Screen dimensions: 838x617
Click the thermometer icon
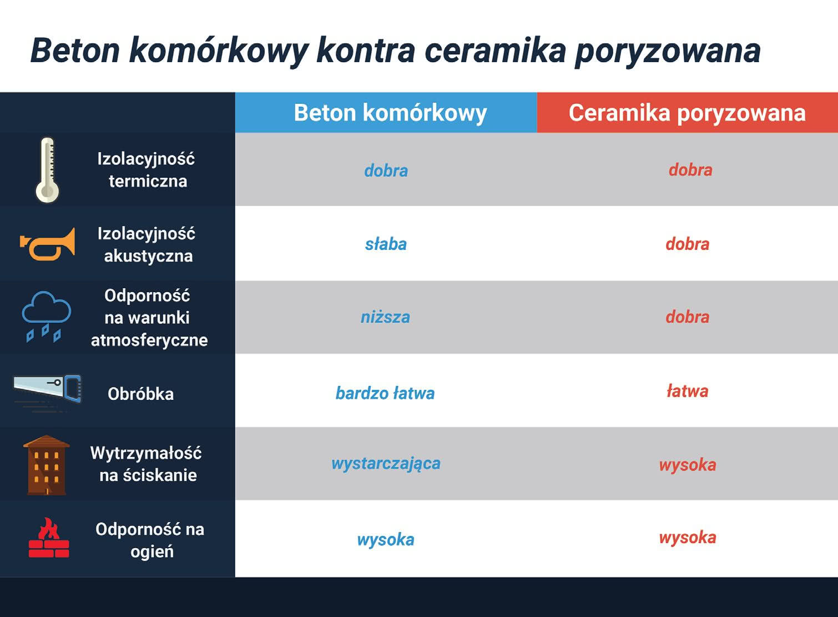pyautogui.click(x=47, y=170)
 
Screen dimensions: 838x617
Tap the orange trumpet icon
pyautogui.click(x=48, y=244)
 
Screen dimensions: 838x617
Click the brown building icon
pyautogui.click(x=47, y=465)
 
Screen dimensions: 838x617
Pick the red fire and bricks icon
pyautogui.click(x=49, y=538)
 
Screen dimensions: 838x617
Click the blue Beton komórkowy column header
pyautogui.click(x=386, y=112)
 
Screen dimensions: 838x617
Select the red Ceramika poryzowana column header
pyautogui.click(x=687, y=112)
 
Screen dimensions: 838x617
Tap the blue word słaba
pyautogui.click(x=386, y=244)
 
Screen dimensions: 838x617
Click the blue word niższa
pyautogui.click(x=385, y=317)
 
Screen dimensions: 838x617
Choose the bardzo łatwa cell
pyautogui.click(x=385, y=393)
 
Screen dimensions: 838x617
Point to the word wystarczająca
pyautogui.click(x=386, y=464)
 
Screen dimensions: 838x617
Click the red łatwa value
pyautogui.click(x=688, y=391)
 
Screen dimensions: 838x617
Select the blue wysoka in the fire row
pyautogui.click(x=386, y=540)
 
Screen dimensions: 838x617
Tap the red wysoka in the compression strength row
pyautogui.click(x=688, y=465)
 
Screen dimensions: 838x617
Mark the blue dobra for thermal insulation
pyautogui.click(x=386, y=170)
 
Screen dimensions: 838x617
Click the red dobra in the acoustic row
pyautogui.click(x=688, y=244)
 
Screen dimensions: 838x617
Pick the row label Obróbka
pyautogui.click(x=140, y=394)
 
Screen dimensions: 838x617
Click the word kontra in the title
pyautogui.click(x=366, y=51)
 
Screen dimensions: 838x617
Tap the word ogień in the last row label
pyautogui.click(x=152, y=552)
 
